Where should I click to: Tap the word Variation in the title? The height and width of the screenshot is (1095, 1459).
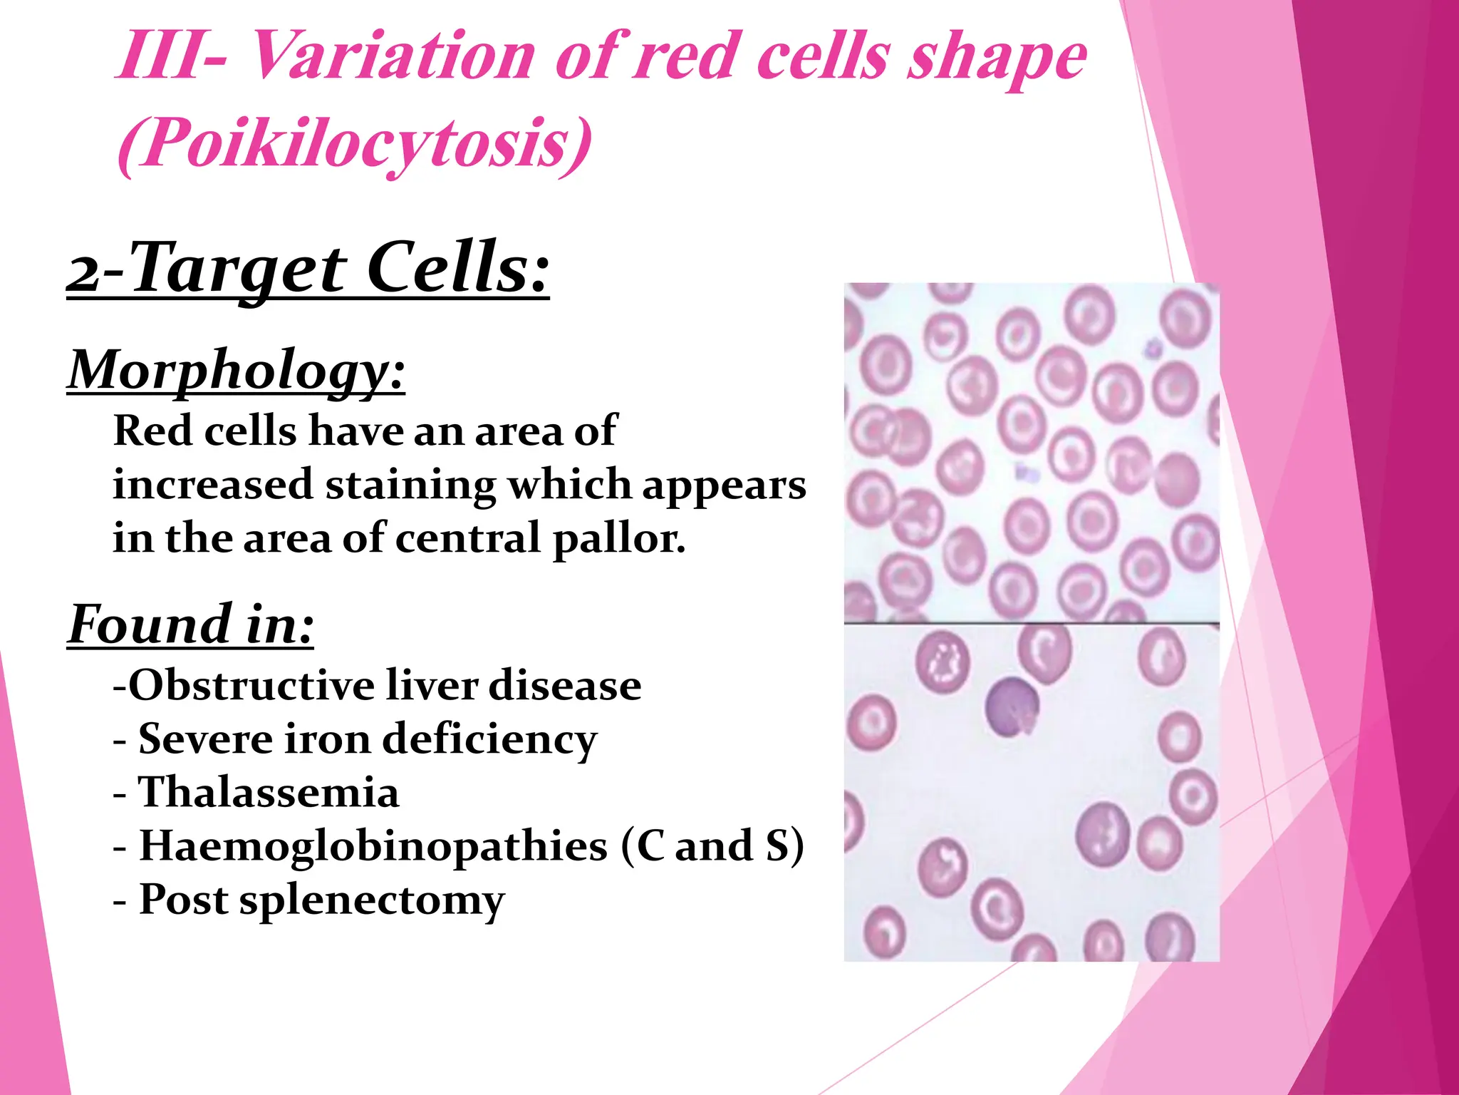[393, 56]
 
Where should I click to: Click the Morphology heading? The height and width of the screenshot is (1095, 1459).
[236, 370]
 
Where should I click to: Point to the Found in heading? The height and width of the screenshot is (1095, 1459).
[190, 624]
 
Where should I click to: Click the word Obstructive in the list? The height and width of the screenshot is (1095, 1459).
[250, 686]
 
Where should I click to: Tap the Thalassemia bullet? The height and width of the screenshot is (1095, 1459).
[268, 792]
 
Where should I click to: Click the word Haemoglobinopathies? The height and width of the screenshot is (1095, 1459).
[373, 846]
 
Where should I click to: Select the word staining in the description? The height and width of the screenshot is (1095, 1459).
[410, 485]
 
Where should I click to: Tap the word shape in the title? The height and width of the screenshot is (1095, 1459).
[997, 56]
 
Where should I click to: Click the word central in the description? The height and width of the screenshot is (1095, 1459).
[468, 538]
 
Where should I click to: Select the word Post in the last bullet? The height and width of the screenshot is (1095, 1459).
[183, 900]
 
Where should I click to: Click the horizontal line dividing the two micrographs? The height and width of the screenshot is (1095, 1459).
[1031, 624]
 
